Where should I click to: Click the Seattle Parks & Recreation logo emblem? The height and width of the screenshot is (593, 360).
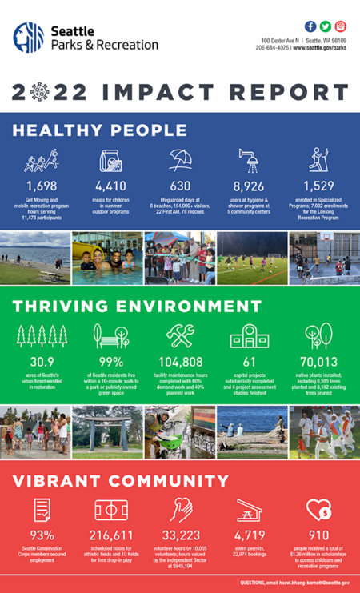tap(28, 38)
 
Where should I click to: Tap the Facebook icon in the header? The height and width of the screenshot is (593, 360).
tap(310, 26)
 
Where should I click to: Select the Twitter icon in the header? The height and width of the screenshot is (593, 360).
tap(326, 26)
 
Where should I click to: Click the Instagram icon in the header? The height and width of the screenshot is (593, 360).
tap(341, 26)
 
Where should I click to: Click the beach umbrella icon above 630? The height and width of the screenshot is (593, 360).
tap(179, 160)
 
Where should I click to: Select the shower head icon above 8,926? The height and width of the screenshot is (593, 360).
tap(247, 160)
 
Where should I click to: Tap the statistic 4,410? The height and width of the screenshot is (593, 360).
tap(111, 186)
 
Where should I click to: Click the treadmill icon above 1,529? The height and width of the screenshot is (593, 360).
tap(318, 160)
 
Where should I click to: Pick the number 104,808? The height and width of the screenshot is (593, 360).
tap(180, 361)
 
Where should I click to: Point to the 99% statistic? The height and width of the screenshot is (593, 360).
tap(111, 361)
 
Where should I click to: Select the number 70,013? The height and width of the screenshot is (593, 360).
tap(318, 361)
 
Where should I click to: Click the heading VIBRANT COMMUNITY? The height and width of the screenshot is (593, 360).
tap(121, 481)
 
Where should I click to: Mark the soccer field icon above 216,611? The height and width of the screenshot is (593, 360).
tap(111, 510)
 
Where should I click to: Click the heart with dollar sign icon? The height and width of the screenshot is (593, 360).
tap(318, 510)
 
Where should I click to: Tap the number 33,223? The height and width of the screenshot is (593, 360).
tap(180, 535)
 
